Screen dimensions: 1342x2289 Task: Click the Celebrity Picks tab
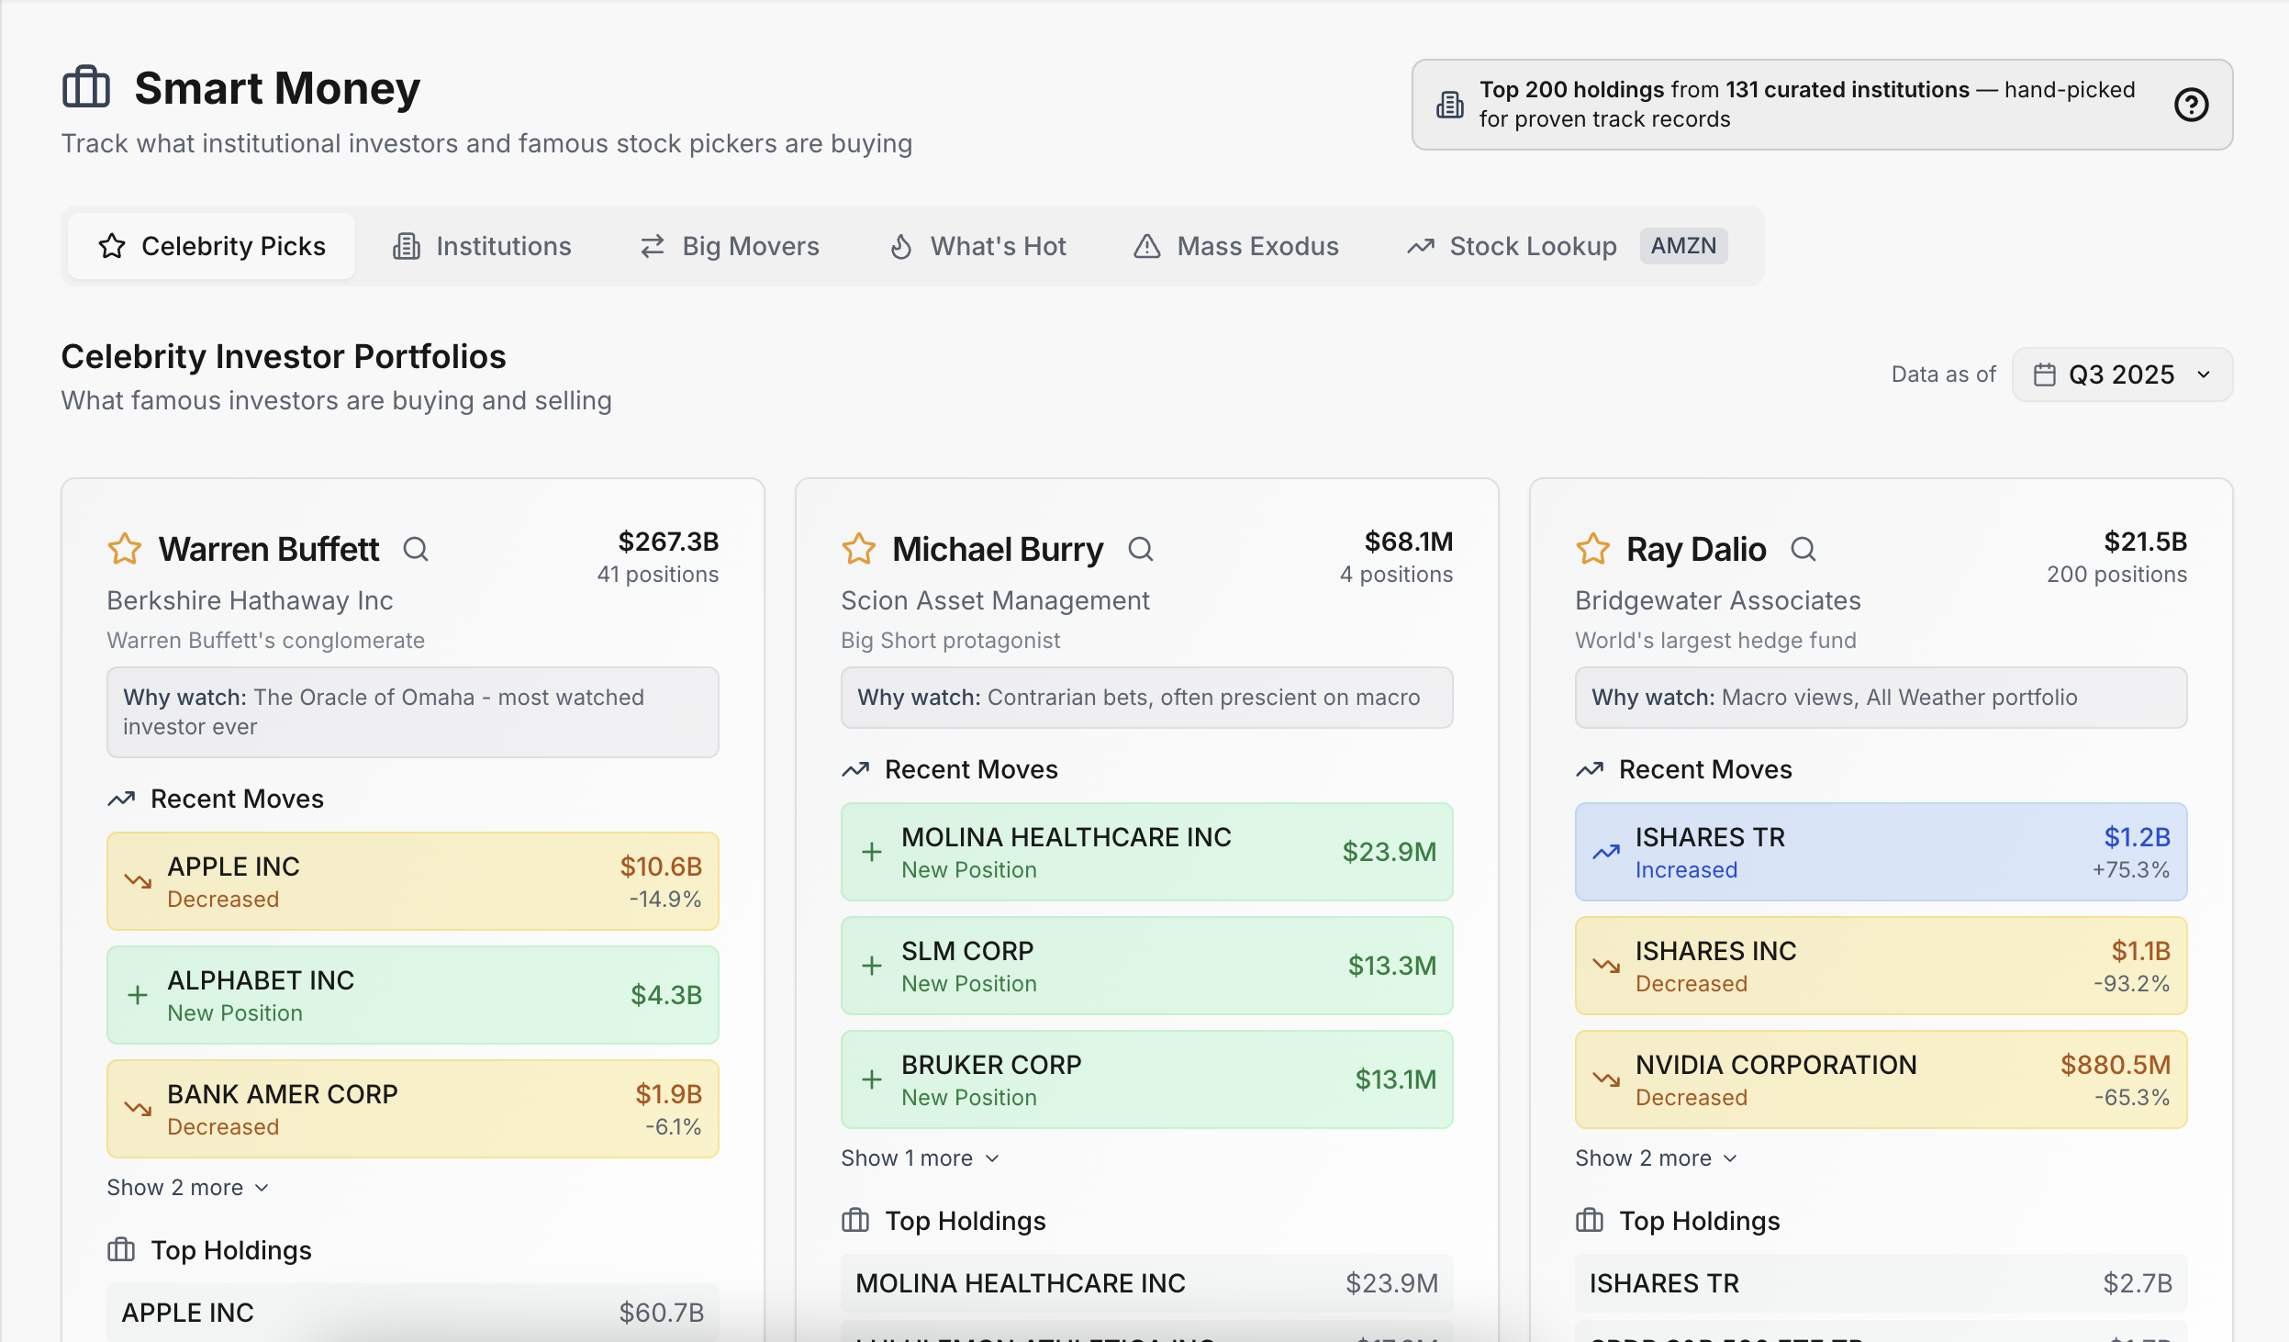(x=212, y=246)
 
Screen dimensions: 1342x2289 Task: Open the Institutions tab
(x=482, y=246)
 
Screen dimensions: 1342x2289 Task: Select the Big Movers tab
(x=730, y=246)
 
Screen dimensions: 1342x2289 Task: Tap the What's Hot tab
(x=978, y=246)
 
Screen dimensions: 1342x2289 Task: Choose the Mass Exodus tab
(x=1236, y=246)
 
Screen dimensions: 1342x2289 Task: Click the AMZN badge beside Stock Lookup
(x=1683, y=246)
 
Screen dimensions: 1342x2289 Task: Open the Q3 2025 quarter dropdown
(x=2122, y=375)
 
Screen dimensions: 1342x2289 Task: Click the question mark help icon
(x=2191, y=105)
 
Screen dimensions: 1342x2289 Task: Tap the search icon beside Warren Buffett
(x=416, y=549)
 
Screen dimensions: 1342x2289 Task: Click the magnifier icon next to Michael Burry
(x=1141, y=549)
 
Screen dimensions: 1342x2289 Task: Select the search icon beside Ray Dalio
(x=1803, y=549)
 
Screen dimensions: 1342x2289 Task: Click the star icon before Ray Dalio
(x=1593, y=549)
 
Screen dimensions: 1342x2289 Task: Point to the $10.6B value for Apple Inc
(x=661, y=867)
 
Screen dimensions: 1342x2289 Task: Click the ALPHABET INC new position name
(x=261, y=980)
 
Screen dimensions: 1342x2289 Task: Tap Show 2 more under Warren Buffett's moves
(x=187, y=1188)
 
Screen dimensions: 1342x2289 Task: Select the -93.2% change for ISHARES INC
(x=2131, y=984)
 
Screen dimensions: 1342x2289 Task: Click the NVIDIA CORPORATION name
(x=1776, y=1065)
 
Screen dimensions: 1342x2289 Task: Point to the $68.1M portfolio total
(x=1409, y=542)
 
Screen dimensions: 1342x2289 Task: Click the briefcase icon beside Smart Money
(x=86, y=88)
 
